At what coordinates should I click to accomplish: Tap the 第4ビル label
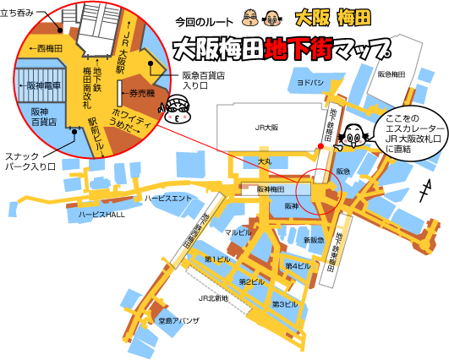tap(297, 266)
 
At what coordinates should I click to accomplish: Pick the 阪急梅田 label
tap(391, 74)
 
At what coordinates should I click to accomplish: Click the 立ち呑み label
tap(17, 12)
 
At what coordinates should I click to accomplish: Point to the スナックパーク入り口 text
tap(29, 161)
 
